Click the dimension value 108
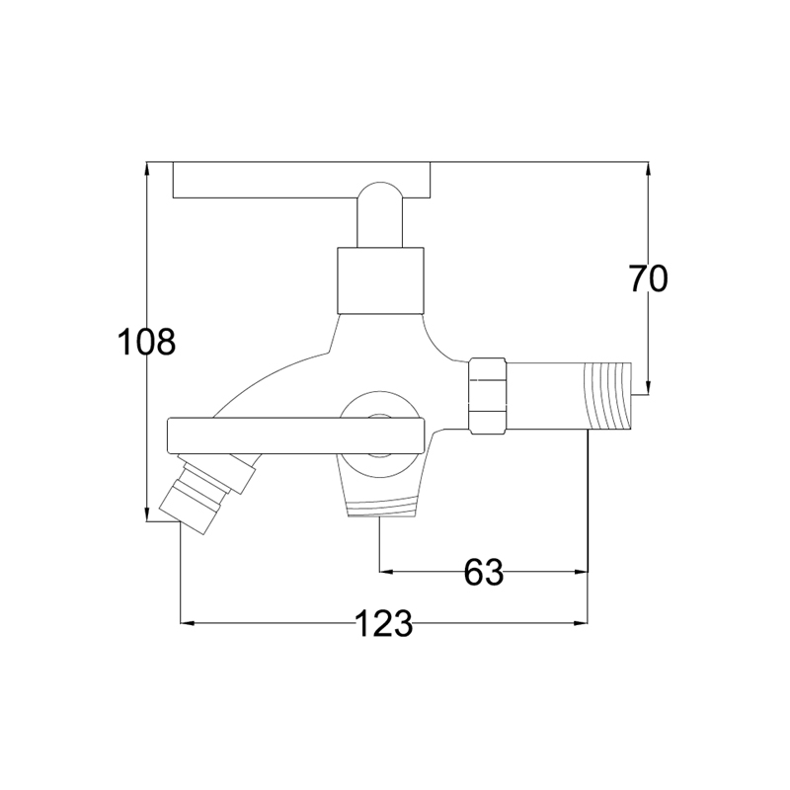(x=146, y=342)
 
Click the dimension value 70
(x=649, y=278)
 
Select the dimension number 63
(x=484, y=572)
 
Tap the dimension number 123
(x=384, y=623)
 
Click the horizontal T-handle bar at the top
(x=302, y=180)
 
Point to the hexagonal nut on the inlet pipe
(x=487, y=396)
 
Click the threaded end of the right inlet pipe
(x=608, y=396)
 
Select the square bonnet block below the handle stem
(x=380, y=280)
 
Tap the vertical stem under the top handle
(x=380, y=215)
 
